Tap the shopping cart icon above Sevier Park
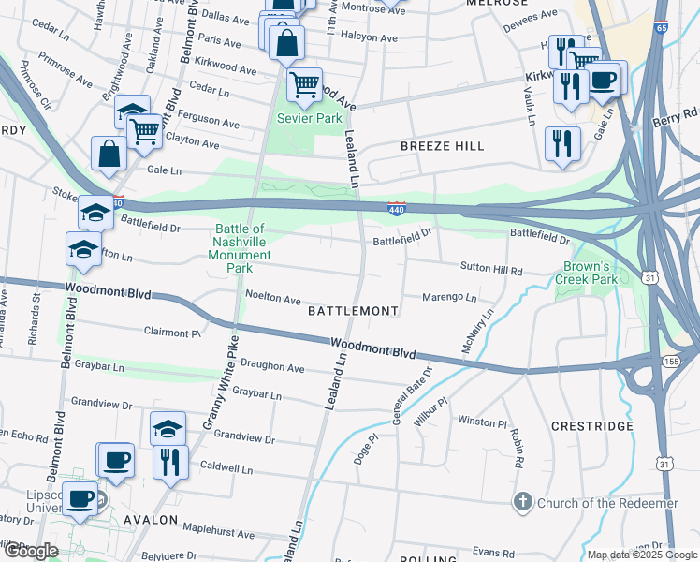tap(304, 85)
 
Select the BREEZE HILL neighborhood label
tap(443, 146)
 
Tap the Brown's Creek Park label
tap(587, 273)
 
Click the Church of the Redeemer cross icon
tap(523, 503)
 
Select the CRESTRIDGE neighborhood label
tap(592, 426)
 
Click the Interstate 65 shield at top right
tap(662, 28)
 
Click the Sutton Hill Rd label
tap(490, 268)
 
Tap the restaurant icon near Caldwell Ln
tap(170, 462)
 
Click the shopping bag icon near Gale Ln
tap(109, 154)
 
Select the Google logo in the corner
tap(30, 551)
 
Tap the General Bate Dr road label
tap(408, 393)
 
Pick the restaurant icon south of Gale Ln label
tap(562, 143)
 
